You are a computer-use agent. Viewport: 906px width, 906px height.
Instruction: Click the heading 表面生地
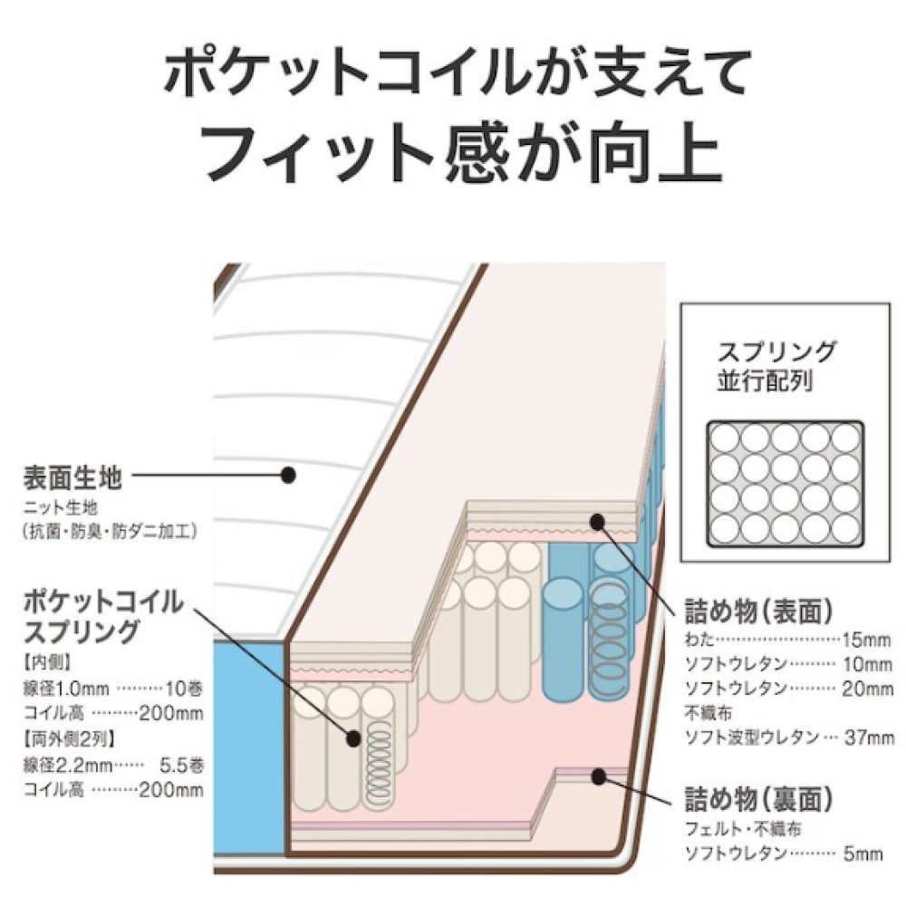[72, 477]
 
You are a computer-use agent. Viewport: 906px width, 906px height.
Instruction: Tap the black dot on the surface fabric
[288, 475]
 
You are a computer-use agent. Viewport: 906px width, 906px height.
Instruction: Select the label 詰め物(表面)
[758, 612]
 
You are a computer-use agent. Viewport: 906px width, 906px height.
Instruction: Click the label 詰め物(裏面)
[758, 799]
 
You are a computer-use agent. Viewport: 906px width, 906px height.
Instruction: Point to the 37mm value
[869, 737]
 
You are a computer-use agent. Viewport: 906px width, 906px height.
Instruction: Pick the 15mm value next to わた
[866, 640]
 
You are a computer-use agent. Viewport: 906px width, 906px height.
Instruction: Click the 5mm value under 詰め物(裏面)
[863, 853]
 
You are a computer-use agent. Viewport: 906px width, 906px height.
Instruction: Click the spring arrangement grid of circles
[786, 484]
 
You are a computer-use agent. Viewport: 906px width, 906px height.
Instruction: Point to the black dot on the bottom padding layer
[598, 776]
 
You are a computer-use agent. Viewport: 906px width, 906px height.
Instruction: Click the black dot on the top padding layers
[597, 523]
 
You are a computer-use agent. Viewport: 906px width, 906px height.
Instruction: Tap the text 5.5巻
[181, 765]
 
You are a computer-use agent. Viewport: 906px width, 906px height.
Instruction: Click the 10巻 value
[184, 689]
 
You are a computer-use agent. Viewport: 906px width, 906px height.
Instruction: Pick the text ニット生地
[62, 507]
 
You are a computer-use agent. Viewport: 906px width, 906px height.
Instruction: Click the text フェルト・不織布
[743, 829]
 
